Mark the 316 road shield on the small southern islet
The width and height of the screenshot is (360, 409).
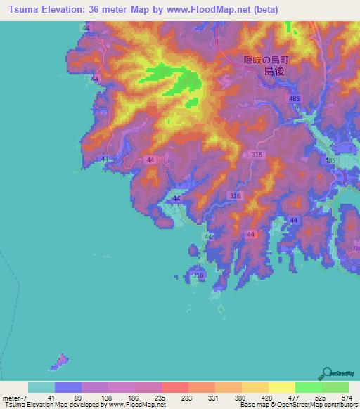tap(198, 275)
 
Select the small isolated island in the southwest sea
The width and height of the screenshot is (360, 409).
tap(59, 362)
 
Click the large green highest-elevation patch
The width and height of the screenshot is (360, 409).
tap(181, 81)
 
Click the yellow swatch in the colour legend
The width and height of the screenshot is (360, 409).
tap(281, 387)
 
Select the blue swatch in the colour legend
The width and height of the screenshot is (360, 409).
tap(68, 387)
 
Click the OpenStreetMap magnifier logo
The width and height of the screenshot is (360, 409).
tap(326, 373)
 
